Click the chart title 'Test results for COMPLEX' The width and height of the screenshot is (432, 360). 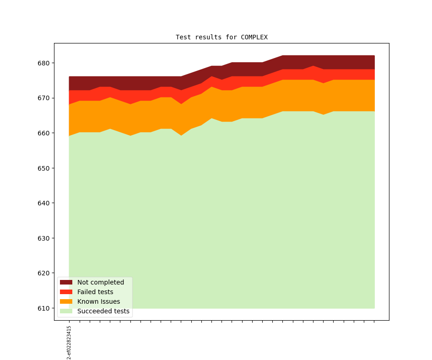click(x=221, y=37)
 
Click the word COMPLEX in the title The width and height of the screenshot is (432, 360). click(x=254, y=37)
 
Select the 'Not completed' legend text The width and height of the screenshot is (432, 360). click(x=101, y=282)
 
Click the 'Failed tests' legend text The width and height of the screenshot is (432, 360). click(x=95, y=292)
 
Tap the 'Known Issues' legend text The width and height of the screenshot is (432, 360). click(x=98, y=301)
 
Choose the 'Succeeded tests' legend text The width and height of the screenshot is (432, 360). click(x=103, y=311)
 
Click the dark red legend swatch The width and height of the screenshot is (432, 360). click(x=66, y=282)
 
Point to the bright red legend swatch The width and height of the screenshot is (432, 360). click(x=66, y=292)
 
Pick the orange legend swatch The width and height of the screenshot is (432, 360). click(x=66, y=301)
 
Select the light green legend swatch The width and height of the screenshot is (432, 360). click(x=66, y=311)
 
